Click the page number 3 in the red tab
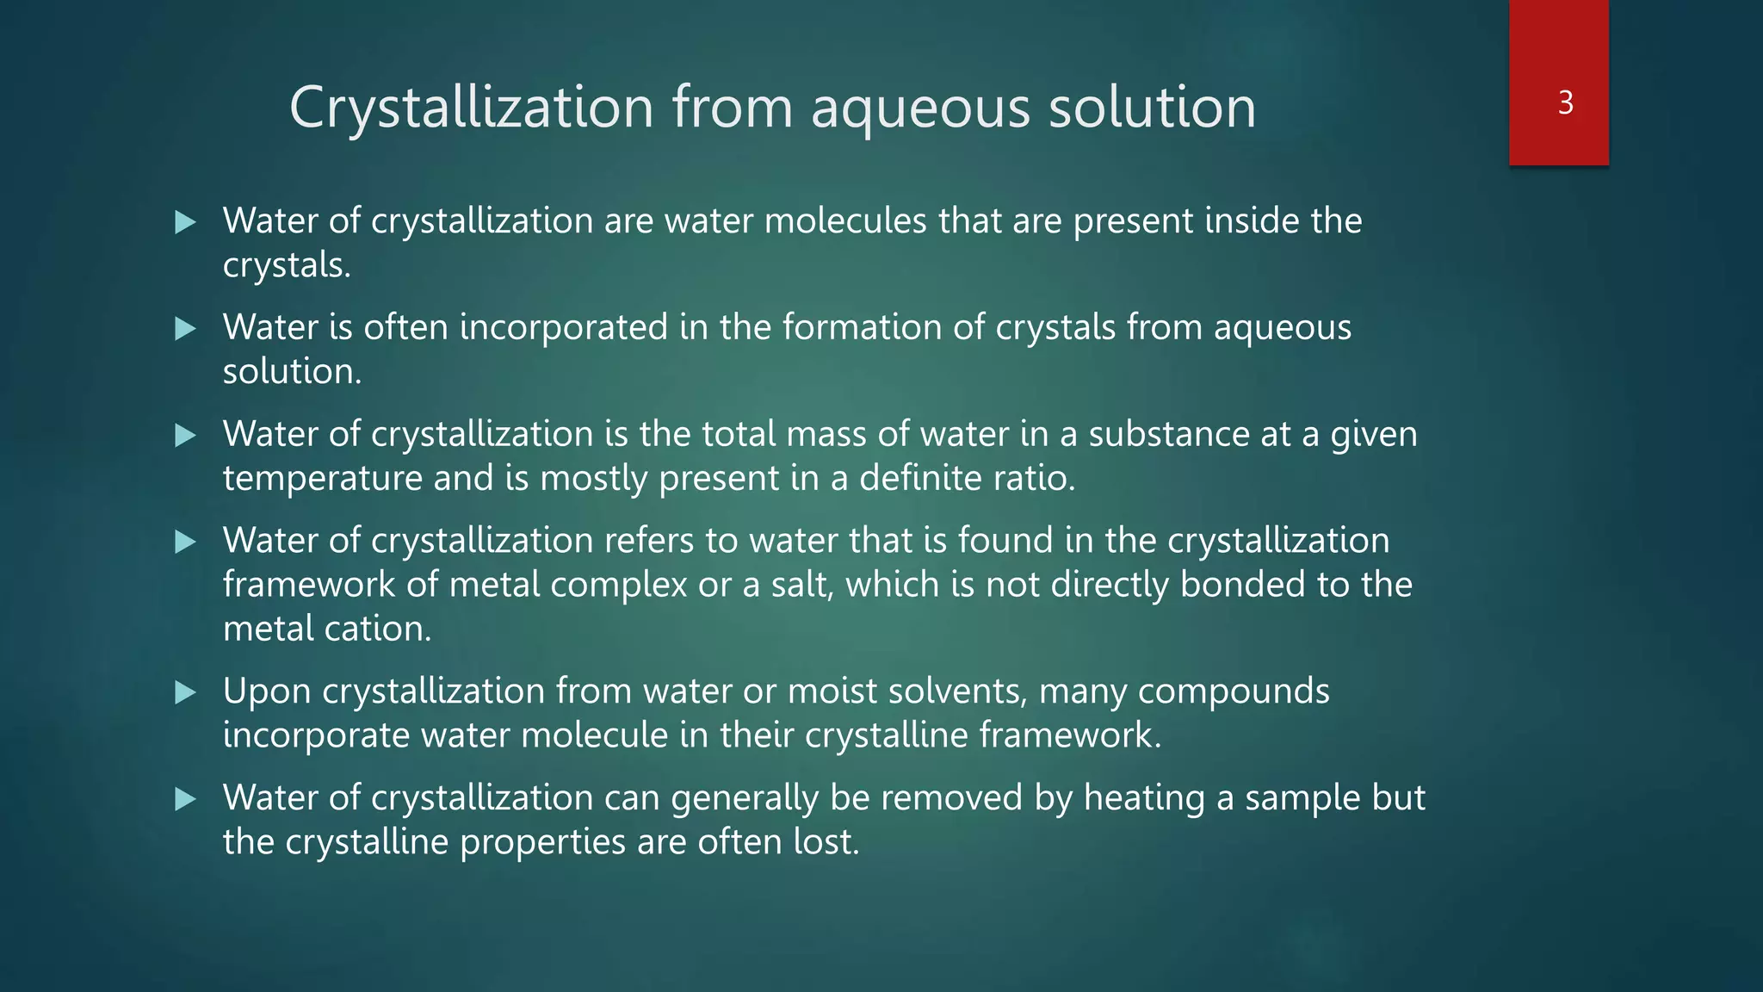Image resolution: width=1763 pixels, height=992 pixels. click(x=1566, y=102)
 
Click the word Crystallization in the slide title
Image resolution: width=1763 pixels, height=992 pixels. click(x=471, y=108)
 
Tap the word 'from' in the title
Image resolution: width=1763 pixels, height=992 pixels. click(x=732, y=108)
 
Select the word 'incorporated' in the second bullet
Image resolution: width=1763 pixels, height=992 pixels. click(x=564, y=327)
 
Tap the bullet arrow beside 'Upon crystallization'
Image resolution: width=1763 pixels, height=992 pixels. click(x=185, y=692)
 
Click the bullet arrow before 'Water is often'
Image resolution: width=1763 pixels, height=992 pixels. click(x=185, y=328)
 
